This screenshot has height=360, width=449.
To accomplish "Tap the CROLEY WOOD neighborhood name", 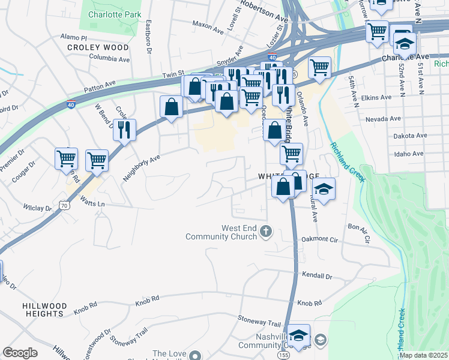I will (x=98, y=47).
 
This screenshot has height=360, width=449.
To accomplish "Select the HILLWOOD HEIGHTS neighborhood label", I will (x=43, y=310).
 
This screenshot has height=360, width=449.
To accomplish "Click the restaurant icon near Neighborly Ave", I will (x=124, y=129).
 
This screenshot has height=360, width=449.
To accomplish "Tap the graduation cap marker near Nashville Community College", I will (x=298, y=334).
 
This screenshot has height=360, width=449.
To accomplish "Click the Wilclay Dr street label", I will (x=37, y=208).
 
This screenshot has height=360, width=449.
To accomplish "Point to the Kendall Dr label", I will (x=318, y=276).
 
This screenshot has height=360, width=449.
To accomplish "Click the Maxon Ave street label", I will (x=208, y=24).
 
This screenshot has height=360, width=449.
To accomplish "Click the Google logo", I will (x=20, y=352).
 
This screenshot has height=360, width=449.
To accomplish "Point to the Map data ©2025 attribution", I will (x=423, y=355).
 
